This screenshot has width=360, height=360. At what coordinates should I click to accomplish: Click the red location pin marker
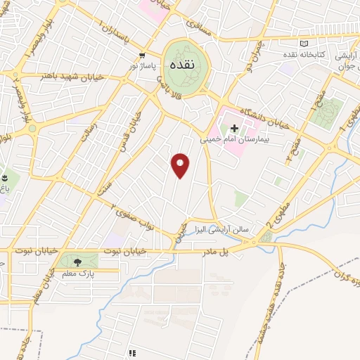point(181,165)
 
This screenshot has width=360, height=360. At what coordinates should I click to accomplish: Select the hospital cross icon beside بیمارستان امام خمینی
point(234,128)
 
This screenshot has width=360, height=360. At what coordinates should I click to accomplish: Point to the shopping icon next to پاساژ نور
point(143,55)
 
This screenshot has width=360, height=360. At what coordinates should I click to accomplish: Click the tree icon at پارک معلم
point(76,262)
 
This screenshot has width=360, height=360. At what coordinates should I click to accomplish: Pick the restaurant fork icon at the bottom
point(132,353)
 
